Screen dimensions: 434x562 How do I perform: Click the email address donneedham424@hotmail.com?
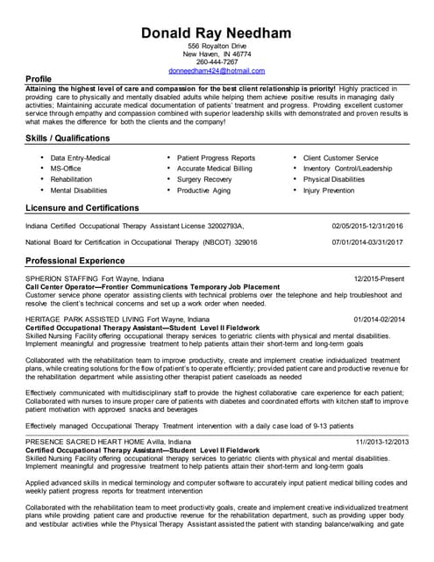click(x=217, y=70)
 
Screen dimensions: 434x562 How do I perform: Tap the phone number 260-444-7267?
click(x=217, y=61)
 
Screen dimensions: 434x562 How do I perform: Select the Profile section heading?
click(x=39, y=80)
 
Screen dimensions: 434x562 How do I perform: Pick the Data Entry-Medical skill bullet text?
click(x=81, y=157)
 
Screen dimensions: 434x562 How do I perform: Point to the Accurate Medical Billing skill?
click(x=214, y=168)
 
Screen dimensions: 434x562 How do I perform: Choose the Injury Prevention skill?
click(x=329, y=190)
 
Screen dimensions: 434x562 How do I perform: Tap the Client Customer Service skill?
click(x=340, y=157)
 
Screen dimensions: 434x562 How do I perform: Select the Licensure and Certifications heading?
click(x=82, y=208)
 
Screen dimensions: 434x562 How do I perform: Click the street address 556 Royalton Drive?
click(x=217, y=45)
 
